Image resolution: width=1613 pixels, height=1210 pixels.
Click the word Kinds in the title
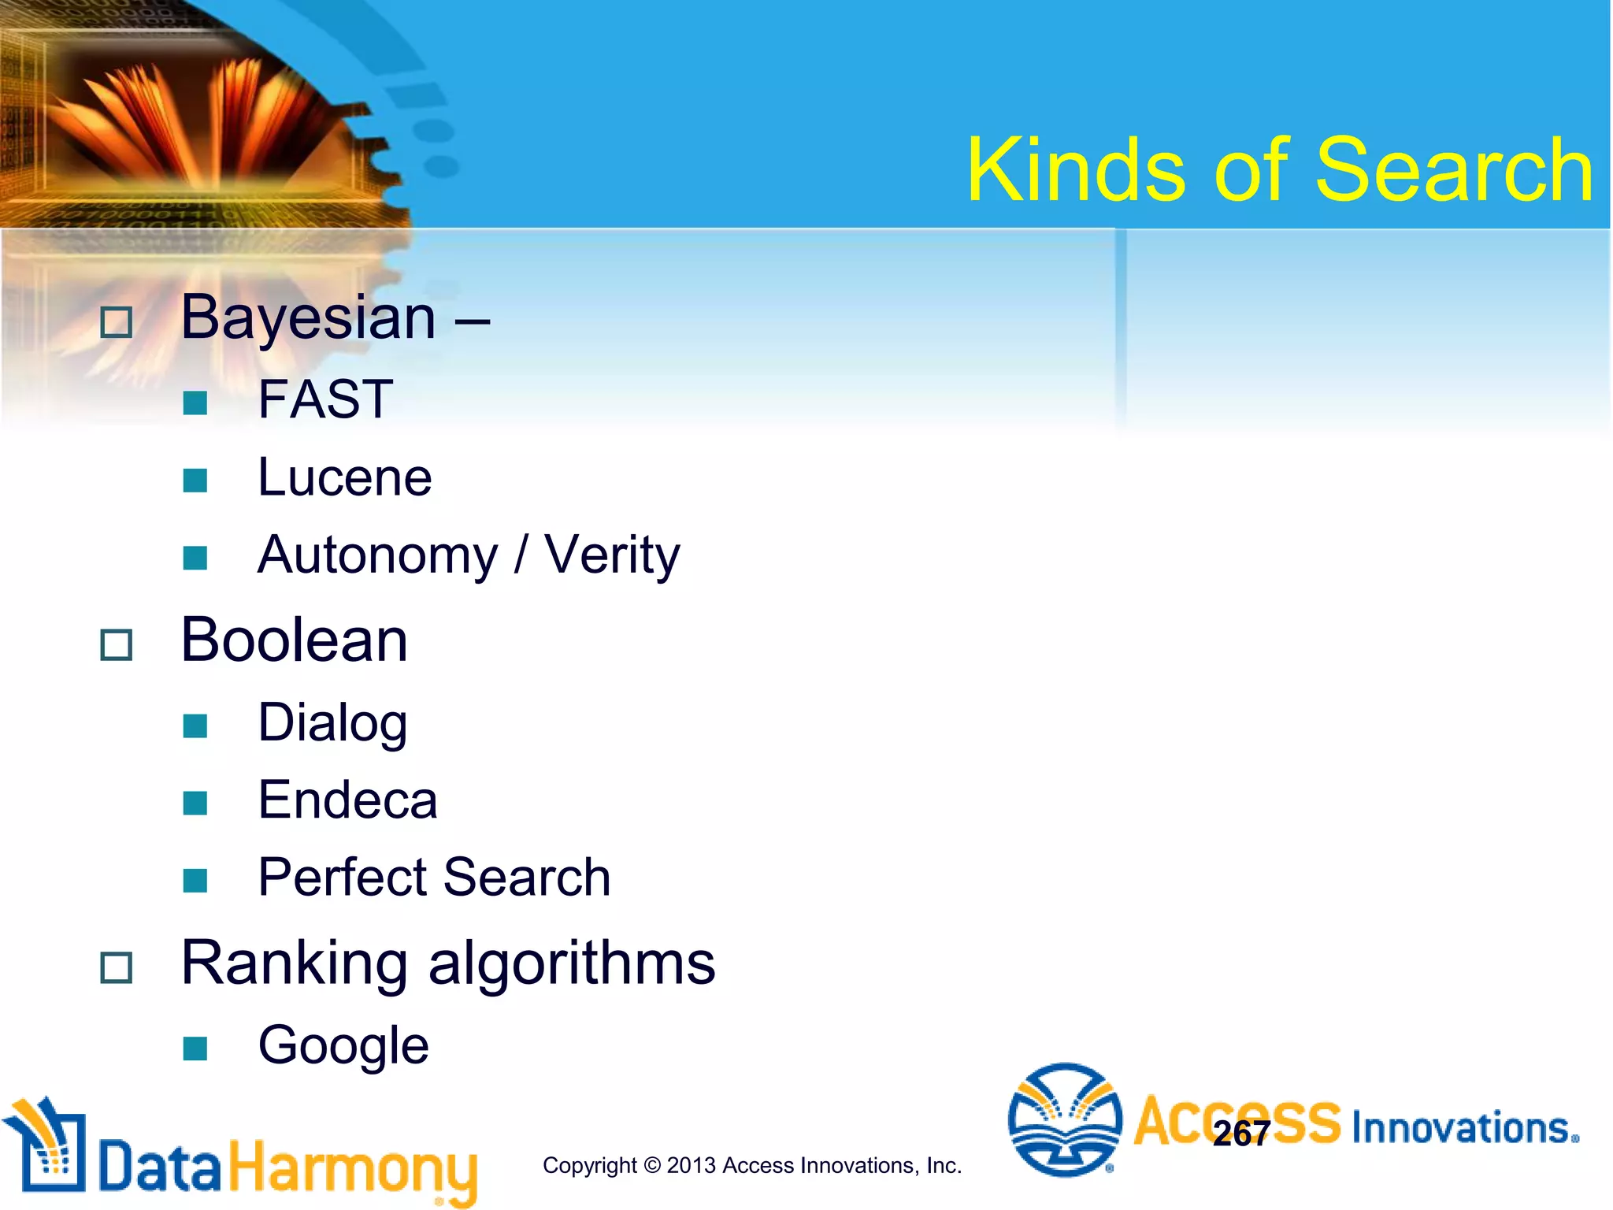tap(1076, 170)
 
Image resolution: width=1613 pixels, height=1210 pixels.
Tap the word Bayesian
tap(308, 318)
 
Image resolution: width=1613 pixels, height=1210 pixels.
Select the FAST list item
tap(325, 399)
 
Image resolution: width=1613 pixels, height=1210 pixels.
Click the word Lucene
tap(345, 478)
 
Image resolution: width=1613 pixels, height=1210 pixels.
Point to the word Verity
tap(612, 555)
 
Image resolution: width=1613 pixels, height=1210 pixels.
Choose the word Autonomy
tap(378, 555)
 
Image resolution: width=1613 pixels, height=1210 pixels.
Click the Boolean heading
tap(295, 640)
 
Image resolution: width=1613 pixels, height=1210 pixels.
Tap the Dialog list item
tap(332, 722)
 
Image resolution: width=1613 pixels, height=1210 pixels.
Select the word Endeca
tap(347, 800)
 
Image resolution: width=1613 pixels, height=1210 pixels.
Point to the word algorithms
tap(572, 964)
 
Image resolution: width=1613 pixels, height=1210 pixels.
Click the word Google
tap(343, 1046)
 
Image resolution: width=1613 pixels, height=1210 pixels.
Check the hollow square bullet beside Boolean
tap(117, 645)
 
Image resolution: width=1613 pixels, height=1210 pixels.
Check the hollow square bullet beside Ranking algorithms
tap(117, 967)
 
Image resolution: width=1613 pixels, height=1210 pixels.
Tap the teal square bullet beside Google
tap(195, 1049)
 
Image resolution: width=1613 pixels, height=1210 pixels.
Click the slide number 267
tap(1241, 1134)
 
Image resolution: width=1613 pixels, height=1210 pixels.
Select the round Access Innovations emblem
tap(1065, 1119)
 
